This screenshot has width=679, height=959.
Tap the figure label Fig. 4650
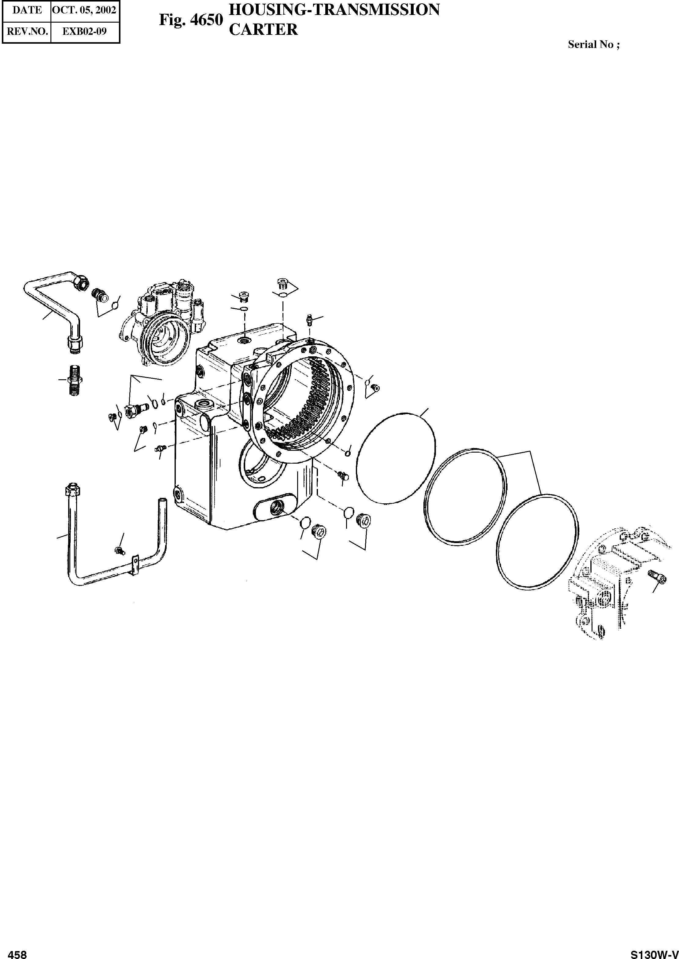pyautogui.click(x=191, y=20)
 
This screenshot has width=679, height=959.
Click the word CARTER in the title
pyautogui.click(x=264, y=29)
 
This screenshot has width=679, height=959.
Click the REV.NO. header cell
pyautogui.click(x=27, y=31)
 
